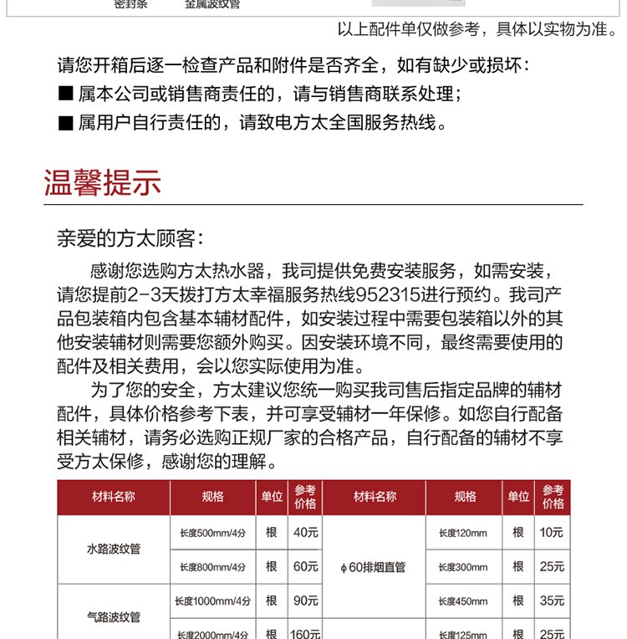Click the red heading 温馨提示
(102, 182)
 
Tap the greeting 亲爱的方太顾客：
(130, 238)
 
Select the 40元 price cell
(305, 532)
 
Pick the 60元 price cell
(305, 566)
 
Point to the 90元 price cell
(305, 601)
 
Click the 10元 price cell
(552, 532)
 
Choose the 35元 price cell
(552, 601)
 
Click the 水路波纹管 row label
(114, 550)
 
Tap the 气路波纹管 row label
(114, 617)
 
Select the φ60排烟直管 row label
(373, 567)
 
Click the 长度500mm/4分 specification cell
(212, 533)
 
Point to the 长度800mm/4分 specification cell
(212, 567)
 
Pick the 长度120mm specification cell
(462, 533)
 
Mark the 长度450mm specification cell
(462, 601)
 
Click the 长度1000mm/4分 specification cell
(212, 601)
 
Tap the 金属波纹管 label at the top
(212, 4)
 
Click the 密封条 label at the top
(130, 4)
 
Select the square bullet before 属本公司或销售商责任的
(66, 95)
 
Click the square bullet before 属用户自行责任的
(66, 124)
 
